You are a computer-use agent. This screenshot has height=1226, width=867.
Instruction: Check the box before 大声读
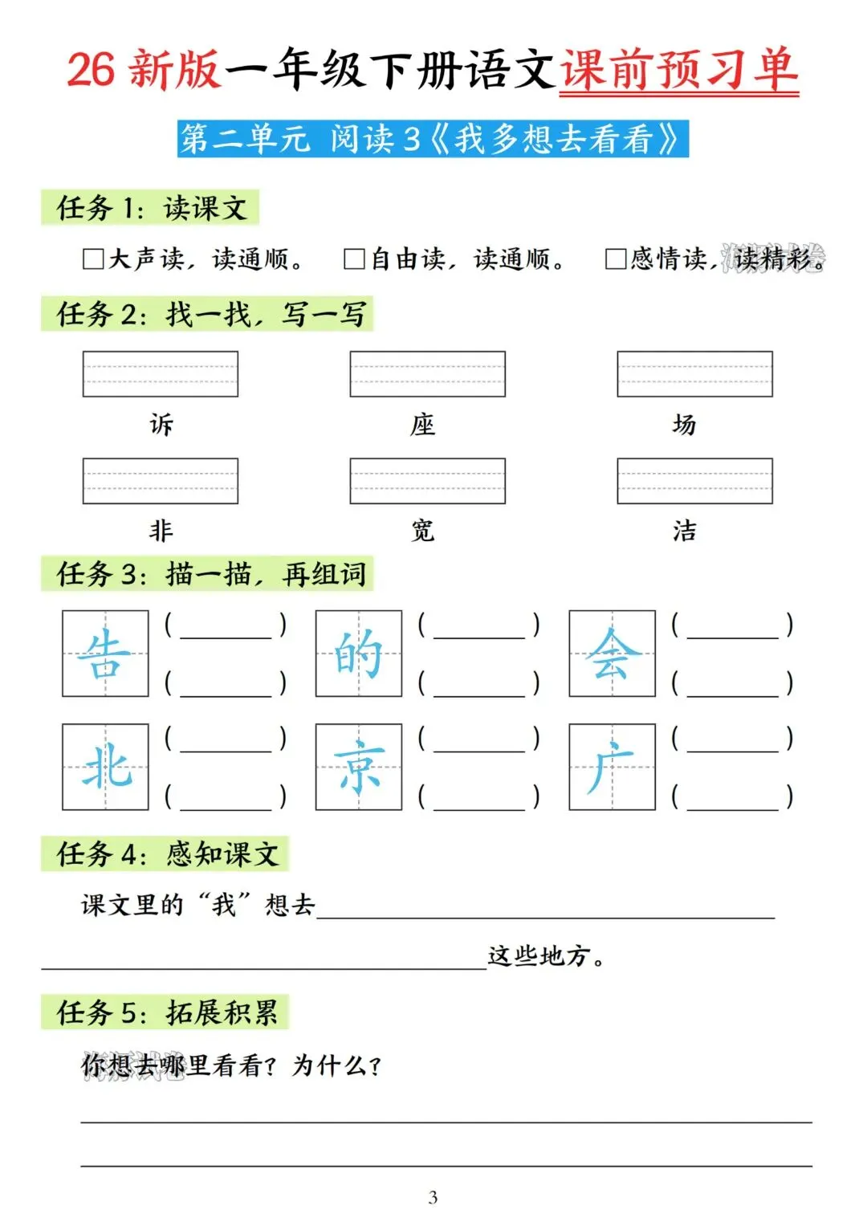(93, 259)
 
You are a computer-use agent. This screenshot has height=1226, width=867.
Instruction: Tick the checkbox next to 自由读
(354, 259)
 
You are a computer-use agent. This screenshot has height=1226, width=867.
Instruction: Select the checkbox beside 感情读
(616, 259)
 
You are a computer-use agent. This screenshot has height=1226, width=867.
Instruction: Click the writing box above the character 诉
(161, 374)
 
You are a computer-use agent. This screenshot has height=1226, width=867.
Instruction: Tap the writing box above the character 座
(427, 374)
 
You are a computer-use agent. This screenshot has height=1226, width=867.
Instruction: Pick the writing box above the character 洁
(694, 481)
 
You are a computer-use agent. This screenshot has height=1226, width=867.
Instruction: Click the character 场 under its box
(684, 424)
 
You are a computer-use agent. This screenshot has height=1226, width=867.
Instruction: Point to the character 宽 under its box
(423, 531)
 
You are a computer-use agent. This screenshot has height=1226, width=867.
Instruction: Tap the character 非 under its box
(161, 531)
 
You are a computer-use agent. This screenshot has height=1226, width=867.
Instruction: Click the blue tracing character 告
(105, 654)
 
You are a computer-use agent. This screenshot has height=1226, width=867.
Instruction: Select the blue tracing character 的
(359, 654)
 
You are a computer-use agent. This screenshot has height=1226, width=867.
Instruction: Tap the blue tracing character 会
(613, 654)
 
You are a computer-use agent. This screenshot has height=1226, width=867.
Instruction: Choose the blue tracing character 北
(105, 767)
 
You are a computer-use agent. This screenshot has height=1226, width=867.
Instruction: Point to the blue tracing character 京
(359, 767)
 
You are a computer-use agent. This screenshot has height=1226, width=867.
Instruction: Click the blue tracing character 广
(613, 767)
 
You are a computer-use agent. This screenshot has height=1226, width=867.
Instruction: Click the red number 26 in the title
(91, 69)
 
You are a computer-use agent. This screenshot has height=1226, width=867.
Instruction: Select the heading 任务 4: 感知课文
(166, 853)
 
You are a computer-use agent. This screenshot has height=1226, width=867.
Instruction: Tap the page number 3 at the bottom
(433, 1197)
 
